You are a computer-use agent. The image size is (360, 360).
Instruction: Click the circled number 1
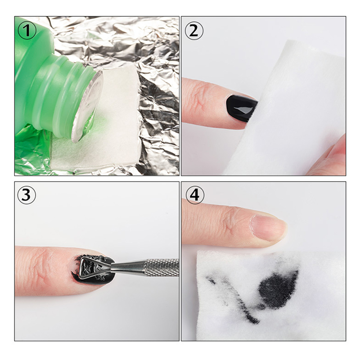pos(27,30)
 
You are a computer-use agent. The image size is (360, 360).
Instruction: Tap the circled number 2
pos(194,31)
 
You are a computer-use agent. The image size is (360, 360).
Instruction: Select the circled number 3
pos(27,195)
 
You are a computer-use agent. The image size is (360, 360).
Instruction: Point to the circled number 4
pos(194,195)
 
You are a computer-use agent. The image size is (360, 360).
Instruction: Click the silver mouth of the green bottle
pos(87,105)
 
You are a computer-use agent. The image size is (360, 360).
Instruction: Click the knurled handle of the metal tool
pos(161,267)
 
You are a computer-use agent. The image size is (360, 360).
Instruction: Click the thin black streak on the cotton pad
pos(232,298)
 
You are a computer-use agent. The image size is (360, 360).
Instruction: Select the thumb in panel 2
pos(328,156)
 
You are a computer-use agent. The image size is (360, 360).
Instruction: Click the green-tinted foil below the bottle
pos(32,152)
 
